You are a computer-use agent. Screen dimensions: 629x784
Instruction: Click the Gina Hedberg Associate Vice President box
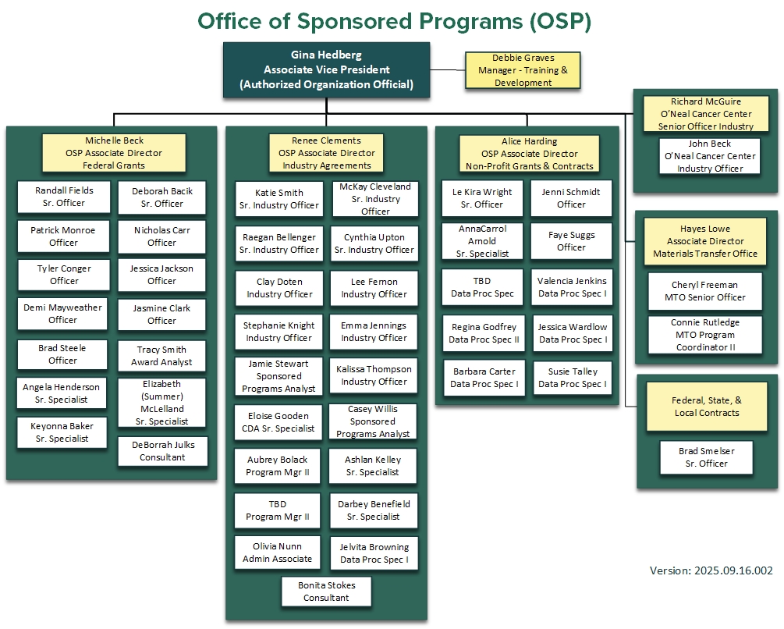[x=326, y=69]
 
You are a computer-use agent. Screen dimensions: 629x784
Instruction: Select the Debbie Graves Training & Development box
[x=523, y=70]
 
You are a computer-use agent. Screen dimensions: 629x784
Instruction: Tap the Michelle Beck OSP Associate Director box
[x=114, y=153]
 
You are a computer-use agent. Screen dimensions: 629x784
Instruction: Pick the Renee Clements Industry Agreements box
[x=326, y=153]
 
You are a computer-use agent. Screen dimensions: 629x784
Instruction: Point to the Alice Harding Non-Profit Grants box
[x=530, y=154]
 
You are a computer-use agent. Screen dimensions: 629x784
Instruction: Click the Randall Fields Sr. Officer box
[x=64, y=197]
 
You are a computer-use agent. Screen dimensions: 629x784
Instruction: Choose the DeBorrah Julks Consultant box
[x=162, y=451]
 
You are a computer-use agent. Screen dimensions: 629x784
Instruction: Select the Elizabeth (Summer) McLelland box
[x=162, y=403]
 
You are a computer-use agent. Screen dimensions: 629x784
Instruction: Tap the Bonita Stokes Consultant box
[x=326, y=592]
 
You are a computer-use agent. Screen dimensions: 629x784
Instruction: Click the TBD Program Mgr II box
[x=278, y=510]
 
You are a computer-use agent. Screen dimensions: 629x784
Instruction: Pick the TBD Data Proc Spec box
[x=482, y=287]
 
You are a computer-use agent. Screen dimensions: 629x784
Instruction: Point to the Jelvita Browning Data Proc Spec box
[x=374, y=554]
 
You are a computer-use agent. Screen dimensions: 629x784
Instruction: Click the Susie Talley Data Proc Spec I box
[x=573, y=378]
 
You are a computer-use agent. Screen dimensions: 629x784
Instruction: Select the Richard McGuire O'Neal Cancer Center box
[x=705, y=114]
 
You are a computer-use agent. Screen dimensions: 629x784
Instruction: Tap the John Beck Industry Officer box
[x=709, y=156]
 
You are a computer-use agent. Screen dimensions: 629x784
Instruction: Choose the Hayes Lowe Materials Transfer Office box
[x=706, y=241]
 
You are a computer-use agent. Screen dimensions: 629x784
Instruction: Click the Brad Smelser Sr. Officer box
[x=706, y=457]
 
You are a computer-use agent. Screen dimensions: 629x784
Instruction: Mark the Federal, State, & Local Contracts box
[x=706, y=407]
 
